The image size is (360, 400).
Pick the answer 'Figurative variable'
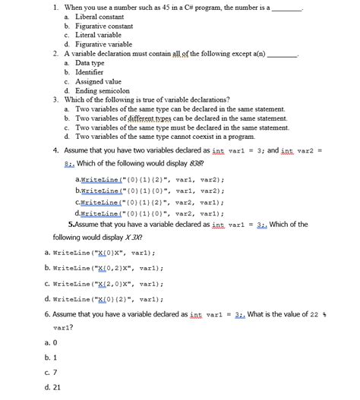tap(99, 44)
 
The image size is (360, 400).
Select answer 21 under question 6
tap(54, 386)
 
